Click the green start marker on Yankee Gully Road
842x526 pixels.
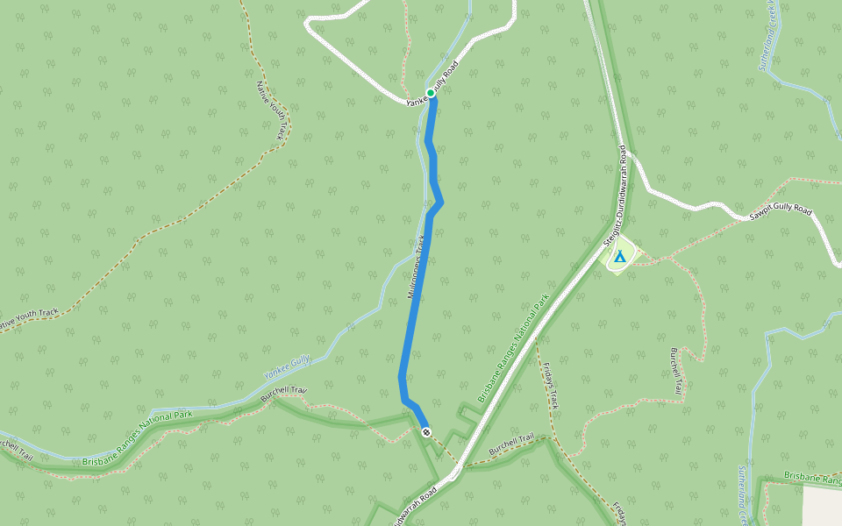click(x=431, y=93)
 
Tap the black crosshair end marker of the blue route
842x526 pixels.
click(x=426, y=432)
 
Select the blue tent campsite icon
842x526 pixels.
click(x=620, y=257)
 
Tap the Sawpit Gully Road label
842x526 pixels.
click(x=781, y=214)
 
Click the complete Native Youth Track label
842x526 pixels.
click(x=271, y=110)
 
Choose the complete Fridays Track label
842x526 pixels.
click(x=550, y=386)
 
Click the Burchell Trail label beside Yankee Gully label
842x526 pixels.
click(x=283, y=395)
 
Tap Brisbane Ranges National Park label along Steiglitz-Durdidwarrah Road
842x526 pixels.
click(x=518, y=349)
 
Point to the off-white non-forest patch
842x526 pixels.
click(x=824, y=506)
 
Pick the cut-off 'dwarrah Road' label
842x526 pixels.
click(x=413, y=506)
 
